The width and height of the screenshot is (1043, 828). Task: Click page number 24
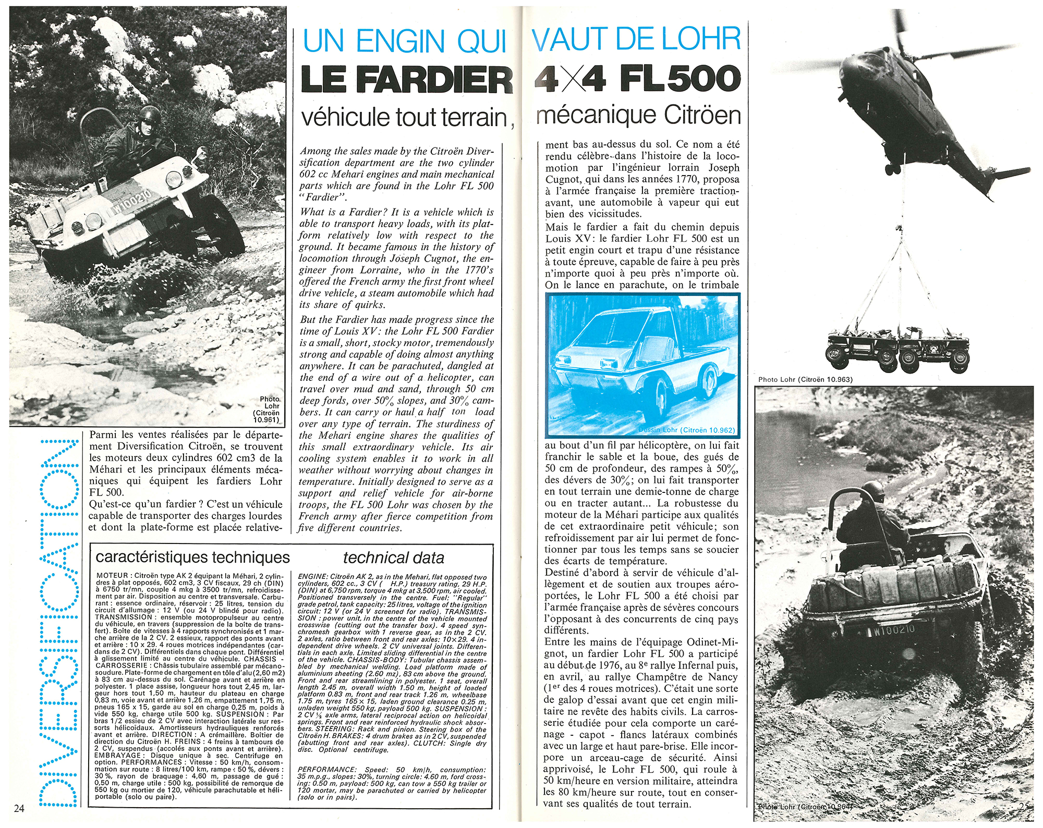coord(19,808)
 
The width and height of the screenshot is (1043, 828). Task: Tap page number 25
coord(1024,806)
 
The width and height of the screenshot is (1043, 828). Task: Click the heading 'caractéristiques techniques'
coord(192,557)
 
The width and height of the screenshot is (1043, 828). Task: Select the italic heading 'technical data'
coord(393,558)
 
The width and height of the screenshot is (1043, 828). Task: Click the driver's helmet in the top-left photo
coord(150,115)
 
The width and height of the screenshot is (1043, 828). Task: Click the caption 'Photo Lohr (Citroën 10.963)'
coord(805,379)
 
